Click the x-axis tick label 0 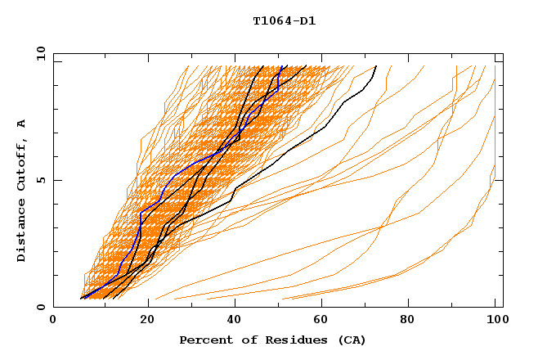coord(53,321)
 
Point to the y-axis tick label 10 coord(39,54)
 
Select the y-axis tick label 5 coord(43,180)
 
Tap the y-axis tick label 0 coord(43,307)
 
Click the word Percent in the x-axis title coord(202,340)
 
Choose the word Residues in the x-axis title coord(282,340)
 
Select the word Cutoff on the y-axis coord(21,166)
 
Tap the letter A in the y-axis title coord(21,124)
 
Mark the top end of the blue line coord(282,66)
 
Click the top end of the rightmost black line coord(376,66)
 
